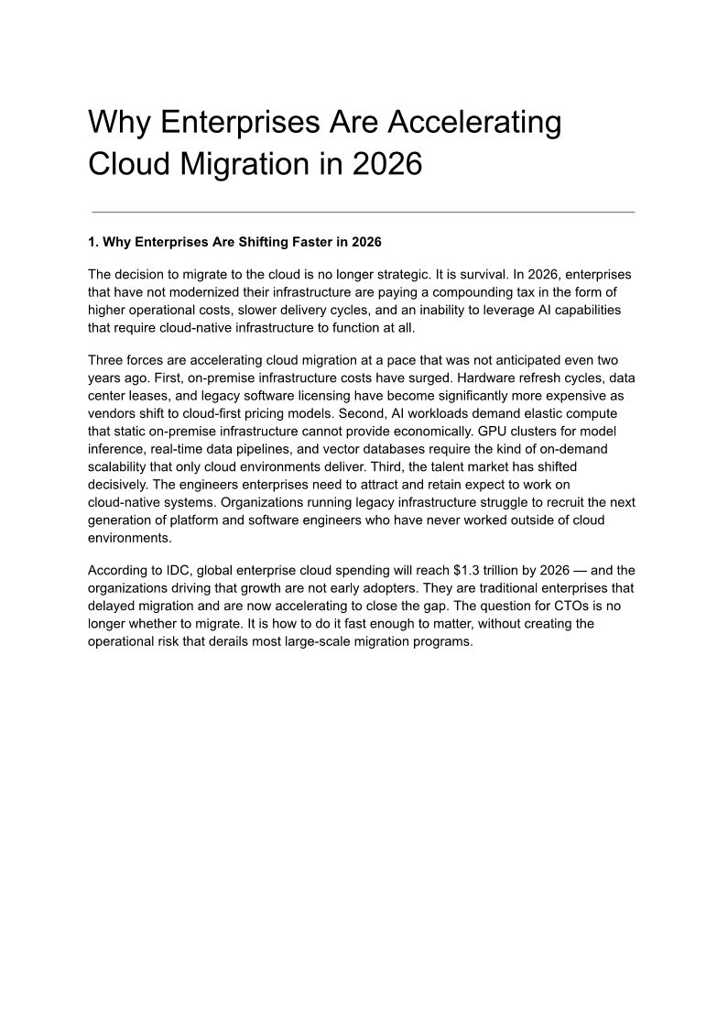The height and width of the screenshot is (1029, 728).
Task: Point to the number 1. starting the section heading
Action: tap(92, 242)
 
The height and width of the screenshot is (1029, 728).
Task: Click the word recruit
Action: tap(549, 503)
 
